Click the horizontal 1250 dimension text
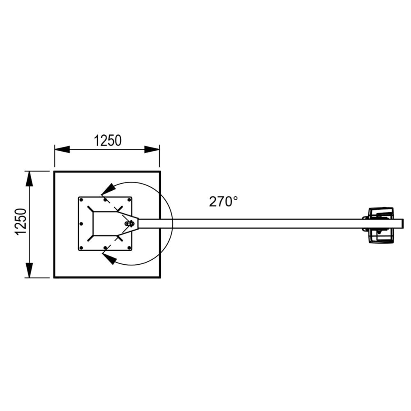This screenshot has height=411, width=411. click(108, 141)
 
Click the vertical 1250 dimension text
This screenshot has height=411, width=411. click(21, 222)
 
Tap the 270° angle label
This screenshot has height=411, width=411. click(223, 201)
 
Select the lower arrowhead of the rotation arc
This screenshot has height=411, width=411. click(109, 258)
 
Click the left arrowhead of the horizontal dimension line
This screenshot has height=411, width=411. click(62, 150)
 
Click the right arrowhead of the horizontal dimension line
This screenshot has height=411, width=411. click(152, 150)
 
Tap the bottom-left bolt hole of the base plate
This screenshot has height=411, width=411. click(82, 247)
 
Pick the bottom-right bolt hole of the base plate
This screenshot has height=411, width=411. click(129, 247)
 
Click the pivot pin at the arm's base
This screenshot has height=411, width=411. click(130, 223)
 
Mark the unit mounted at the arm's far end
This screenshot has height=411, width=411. click(380, 225)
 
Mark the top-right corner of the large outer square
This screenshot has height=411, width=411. click(159, 171)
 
